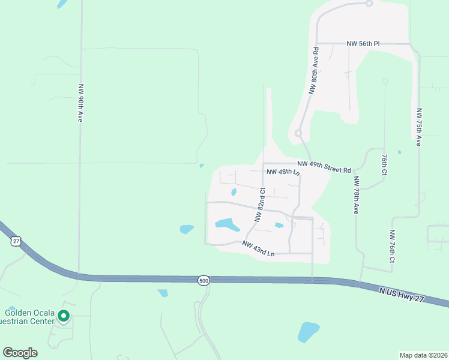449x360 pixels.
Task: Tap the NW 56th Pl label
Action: click(x=363, y=44)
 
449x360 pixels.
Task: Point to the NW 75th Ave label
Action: click(x=418, y=127)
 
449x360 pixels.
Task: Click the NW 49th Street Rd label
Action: click(x=324, y=167)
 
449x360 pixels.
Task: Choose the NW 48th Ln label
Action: click(x=282, y=172)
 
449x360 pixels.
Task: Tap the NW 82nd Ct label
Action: click(x=260, y=205)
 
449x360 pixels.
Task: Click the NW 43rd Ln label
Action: click(x=258, y=248)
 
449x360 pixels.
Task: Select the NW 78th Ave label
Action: click(x=355, y=196)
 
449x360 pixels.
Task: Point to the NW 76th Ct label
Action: click(x=391, y=247)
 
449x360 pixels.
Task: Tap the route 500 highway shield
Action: click(x=204, y=280)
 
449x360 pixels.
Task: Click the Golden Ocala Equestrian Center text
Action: click(x=30, y=316)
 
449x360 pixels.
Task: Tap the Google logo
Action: click(x=20, y=352)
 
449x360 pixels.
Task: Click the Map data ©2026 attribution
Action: click(x=423, y=355)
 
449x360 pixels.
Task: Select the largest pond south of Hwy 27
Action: click(x=308, y=331)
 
